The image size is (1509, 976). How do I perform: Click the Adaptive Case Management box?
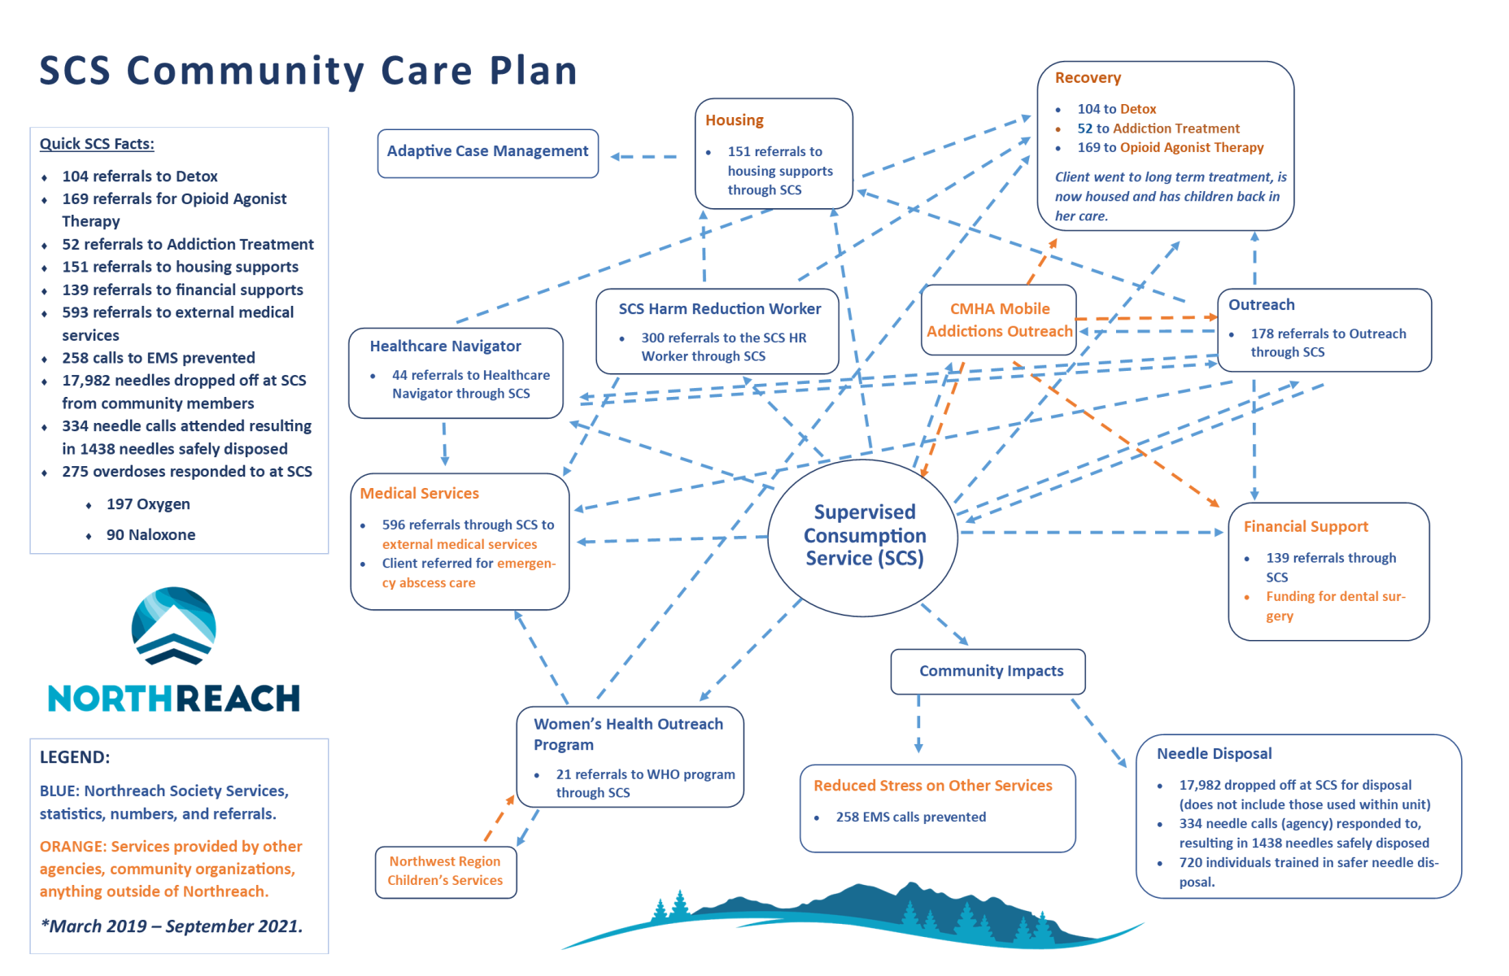tap(488, 153)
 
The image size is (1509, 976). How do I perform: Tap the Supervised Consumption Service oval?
tap(863, 538)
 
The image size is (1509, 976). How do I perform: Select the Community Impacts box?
tap(988, 671)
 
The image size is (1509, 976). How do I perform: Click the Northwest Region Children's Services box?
tap(446, 872)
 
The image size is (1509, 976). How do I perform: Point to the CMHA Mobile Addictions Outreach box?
tap(999, 320)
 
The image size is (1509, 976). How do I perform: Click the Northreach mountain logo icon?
tap(174, 626)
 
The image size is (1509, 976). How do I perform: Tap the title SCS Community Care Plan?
tap(308, 71)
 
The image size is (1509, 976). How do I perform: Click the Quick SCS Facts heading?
tap(97, 144)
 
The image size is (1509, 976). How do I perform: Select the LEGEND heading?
tap(75, 757)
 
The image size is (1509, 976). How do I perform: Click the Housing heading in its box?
tap(735, 120)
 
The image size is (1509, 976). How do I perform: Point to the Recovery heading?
tap(1088, 78)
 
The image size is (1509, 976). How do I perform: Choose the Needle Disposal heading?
tap(1215, 754)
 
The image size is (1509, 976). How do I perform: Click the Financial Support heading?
tap(1306, 527)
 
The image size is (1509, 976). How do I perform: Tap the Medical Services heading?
tap(420, 494)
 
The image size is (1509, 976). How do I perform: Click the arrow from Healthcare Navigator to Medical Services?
tap(444, 443)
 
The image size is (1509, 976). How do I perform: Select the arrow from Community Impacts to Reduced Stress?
tap(918, 724)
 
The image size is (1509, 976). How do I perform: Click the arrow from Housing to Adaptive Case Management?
tap(643, 156)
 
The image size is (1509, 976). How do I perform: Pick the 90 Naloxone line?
tap(150, 535)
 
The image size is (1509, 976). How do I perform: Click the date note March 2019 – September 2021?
tap(172, 926)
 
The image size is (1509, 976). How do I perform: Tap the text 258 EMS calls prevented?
tap(911, 817)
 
